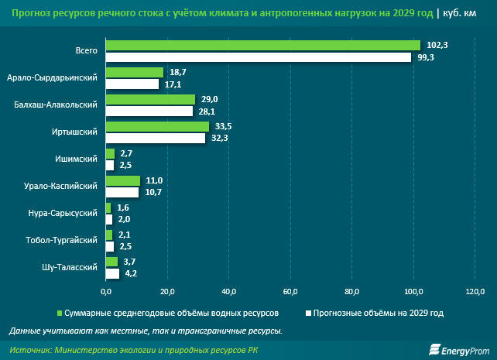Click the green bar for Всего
pos(262,45)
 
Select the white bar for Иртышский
pos(156,138)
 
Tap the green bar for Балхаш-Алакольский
pos(150,99)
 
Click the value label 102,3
pos(438,45)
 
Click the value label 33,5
pos(223,126)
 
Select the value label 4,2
pos(131,273)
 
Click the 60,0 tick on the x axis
pos(291,291)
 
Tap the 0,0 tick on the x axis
pos(107,291)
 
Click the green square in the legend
pos(60,314)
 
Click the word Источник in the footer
pos(29,350)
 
